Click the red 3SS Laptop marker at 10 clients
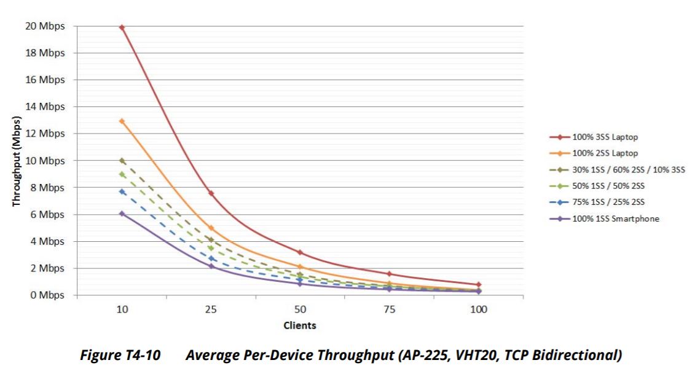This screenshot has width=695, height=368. coord(122,28)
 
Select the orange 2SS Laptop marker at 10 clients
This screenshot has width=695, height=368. coord(122,121)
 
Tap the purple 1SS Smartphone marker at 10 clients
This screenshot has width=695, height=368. coord(122,214)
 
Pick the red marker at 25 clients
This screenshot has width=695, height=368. coord(211,193)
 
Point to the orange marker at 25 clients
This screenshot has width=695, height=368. coord(211,228)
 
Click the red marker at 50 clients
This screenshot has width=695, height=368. coord(300,252)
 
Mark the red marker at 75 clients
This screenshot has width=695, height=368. coord(389,274)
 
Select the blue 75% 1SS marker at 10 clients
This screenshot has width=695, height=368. coord(122,192)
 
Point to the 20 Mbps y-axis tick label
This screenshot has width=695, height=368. coord(44,26)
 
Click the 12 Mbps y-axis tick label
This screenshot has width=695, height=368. coord(44,134)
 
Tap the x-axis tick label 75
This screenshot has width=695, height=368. coord(389,310)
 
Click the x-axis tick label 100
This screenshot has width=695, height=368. coord(478,310)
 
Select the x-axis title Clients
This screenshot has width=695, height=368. coord(300,325)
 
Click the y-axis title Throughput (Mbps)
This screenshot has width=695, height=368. coord(17,161)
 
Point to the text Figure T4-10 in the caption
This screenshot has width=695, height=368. coord(120,355)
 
